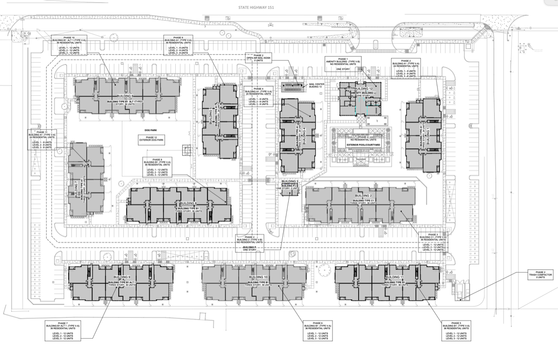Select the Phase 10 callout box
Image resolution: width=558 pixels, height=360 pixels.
point(72,45)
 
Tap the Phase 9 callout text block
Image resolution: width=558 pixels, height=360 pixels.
point(179,45)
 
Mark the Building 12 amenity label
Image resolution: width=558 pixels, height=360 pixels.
point(363,88)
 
